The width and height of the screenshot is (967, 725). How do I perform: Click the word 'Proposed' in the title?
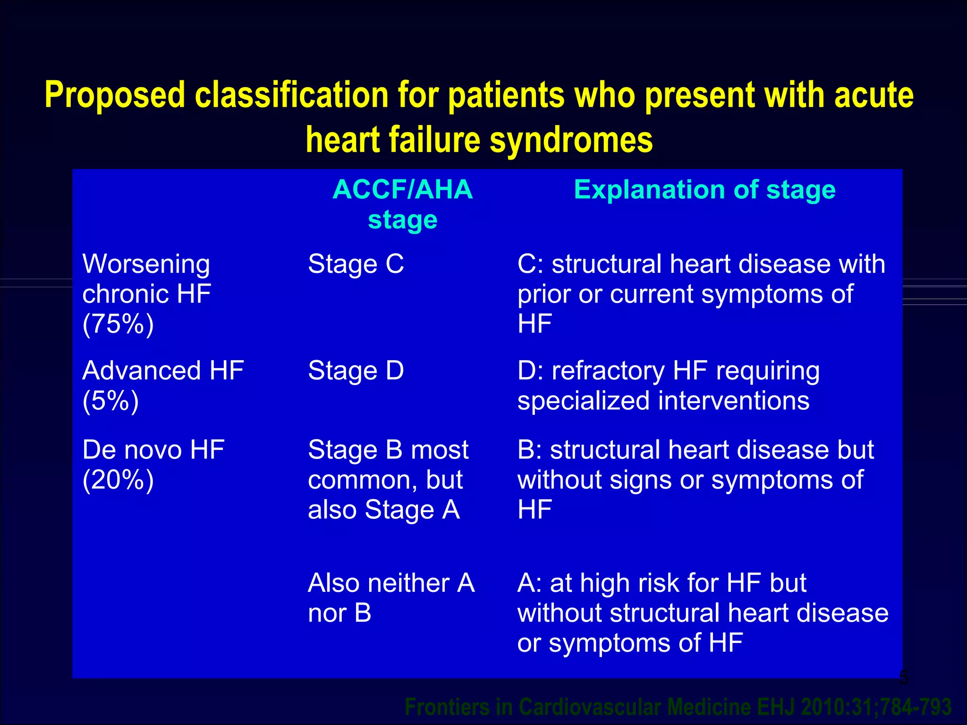tap(115, 95)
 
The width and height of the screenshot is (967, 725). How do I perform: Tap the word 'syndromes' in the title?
tap(571, 140)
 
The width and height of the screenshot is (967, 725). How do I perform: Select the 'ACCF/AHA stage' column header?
tap(402, 204)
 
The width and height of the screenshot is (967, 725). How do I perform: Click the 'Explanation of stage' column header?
tap(704, 190)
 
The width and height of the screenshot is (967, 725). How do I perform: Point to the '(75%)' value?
tap(118, 324)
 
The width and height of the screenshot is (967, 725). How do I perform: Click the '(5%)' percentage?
tap(110, 401)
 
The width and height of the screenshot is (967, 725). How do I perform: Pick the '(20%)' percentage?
tap(118, 480)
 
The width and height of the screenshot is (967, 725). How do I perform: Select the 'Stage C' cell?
tap(356, 264)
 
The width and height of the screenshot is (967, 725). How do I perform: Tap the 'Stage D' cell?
tap(356, 371)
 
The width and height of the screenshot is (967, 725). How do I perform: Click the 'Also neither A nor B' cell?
tap(391, 598)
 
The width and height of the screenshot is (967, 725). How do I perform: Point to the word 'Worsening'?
tap(146, 264)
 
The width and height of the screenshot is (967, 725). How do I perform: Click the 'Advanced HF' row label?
tap(163, 371)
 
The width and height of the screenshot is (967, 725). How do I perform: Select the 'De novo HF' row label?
tap(153, 450)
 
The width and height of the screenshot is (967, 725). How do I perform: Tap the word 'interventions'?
tap(734, 401)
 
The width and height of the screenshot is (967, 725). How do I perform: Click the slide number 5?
tap(903, 678)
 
